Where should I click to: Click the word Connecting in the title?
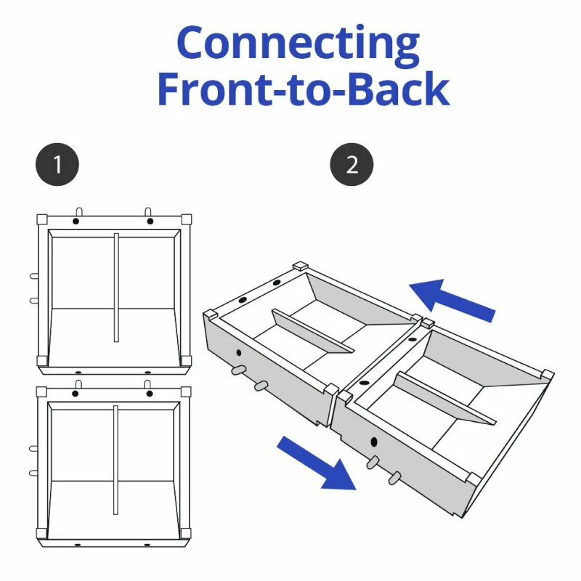(x=298, y=45)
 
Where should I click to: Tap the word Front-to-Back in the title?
(x=303, y=90)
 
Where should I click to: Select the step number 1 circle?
(x=57, y=166)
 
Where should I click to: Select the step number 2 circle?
(x=352, y=166)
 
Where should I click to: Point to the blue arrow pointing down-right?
(x=317, y=462)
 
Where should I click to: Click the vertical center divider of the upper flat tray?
(x=115, y=287)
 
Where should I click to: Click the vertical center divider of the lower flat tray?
(x=115, y=460)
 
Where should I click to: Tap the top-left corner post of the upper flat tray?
(x=41, y=219)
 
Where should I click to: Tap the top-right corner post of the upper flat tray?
(x=187, y=219)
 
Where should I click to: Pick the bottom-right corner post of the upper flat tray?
(x=187, y=360)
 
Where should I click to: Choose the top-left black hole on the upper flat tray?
(x=78, y=220)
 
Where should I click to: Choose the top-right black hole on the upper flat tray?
(x=150, y=220)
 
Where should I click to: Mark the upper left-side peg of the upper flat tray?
(x=33, y=276)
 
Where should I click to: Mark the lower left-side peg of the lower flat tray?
(x=33, y=473)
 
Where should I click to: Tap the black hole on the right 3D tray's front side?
(x=374, y=442)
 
